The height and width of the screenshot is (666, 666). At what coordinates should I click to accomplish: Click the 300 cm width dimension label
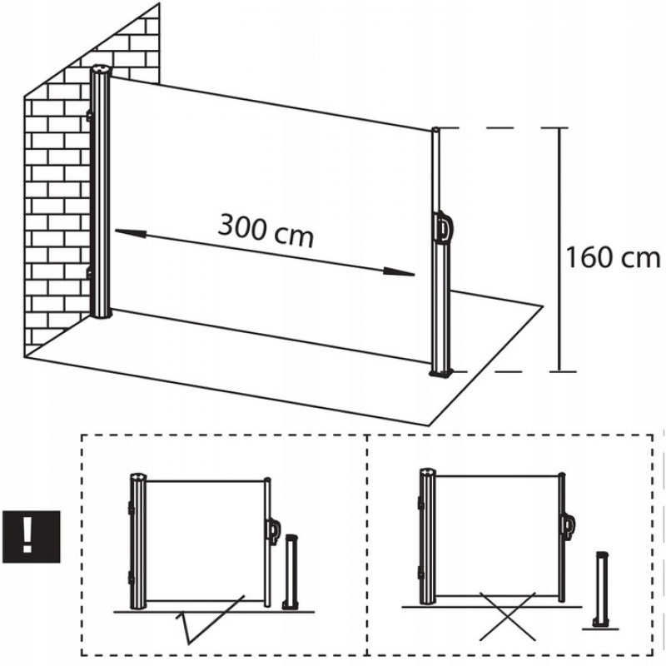[266, 231]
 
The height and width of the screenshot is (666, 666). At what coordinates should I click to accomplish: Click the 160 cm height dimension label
[613, 258]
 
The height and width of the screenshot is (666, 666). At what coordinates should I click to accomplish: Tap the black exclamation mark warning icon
[32, 537]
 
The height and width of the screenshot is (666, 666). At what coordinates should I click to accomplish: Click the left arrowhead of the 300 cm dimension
[131, 232]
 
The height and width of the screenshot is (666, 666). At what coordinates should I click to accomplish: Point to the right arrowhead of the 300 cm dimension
[399, 272]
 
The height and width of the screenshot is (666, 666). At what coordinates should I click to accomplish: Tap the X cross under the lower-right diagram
[507, 616]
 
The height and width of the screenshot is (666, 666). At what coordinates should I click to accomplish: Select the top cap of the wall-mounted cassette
[101, 69]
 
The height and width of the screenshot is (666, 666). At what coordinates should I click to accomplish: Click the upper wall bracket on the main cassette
[89, 115]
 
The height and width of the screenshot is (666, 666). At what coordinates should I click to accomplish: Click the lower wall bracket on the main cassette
[89, 274]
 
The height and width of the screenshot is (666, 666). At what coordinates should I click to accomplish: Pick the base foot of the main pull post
[442, 373]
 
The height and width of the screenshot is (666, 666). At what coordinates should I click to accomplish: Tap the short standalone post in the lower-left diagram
[291, 573]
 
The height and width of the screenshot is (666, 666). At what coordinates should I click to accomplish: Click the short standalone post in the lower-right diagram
[601, 590]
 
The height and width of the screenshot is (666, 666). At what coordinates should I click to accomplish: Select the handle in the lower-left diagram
[274, 530]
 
